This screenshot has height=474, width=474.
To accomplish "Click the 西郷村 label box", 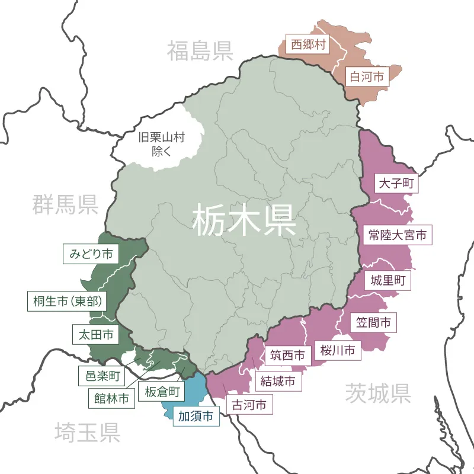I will [308, 45].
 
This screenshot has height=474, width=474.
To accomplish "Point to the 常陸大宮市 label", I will [397, 235].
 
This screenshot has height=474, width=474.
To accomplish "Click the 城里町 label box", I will [387, 280].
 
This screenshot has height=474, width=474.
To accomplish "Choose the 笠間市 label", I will [373, 323].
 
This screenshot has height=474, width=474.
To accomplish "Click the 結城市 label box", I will [278, 381].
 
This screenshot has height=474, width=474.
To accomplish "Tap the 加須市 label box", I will [196, 417].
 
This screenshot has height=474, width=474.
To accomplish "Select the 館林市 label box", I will [111, 399].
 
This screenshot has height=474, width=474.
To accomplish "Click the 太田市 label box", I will [95, 335].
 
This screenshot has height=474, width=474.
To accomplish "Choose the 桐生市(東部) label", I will [66, 301].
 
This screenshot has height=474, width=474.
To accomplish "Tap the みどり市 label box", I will [91, 254].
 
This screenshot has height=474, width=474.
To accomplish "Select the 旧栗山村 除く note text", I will [161, 144].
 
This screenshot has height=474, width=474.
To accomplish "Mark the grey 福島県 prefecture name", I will [199, 51].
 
